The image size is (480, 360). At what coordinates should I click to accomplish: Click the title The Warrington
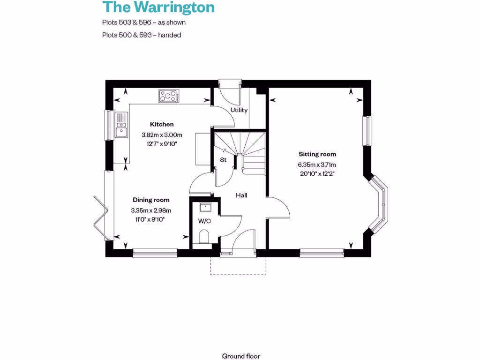(x=158, y=7)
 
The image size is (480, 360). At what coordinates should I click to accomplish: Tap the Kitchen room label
(x=162, y=124)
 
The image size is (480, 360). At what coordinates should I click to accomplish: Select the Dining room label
(x=151, y=200)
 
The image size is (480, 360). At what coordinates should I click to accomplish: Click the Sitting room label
(x=317, y=154)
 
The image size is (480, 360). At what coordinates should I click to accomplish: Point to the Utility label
(x=239, y=110)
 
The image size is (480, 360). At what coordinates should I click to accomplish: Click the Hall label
(x=241, y=195)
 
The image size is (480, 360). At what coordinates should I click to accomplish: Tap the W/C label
(x=204, y=221)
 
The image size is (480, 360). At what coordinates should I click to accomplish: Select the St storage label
(x=224, y=160)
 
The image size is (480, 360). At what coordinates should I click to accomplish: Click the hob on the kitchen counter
(x=169, y=96)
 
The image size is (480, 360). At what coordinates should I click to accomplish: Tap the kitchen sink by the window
(x=121, y=125)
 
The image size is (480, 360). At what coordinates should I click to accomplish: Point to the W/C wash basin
(x=205, y=207)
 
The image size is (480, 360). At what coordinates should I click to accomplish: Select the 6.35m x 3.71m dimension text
(x=317, y=165)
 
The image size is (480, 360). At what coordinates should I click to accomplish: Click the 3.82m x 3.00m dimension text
(x=162, y=135)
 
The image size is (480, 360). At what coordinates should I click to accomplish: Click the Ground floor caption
(x=241, y=356)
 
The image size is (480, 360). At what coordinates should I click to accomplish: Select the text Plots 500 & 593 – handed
(x=142, y=35)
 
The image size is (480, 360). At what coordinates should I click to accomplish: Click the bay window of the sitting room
(x=382, y=204)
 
